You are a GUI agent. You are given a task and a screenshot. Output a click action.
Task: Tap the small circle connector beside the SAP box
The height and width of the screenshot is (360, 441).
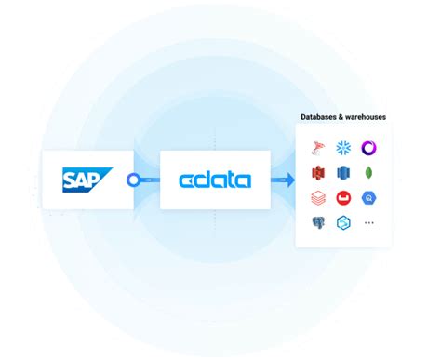pos(133,180)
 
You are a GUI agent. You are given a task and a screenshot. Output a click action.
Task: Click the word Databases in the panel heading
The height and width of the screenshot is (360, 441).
pos(321,117)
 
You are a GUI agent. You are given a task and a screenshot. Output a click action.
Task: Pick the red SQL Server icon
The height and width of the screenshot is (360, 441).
pos(318,147)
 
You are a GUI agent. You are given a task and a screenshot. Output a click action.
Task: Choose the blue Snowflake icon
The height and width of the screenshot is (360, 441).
pos(343,147)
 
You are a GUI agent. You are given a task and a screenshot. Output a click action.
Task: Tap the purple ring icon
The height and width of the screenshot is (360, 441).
pos(368,147)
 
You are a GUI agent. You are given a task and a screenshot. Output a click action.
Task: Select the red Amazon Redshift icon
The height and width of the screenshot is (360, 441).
pos(318,173)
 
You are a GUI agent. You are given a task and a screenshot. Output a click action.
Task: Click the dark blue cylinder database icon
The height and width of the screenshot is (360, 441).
pos(343,173)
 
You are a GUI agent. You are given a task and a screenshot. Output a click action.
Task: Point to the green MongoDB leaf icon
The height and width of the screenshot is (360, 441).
pos(368,173)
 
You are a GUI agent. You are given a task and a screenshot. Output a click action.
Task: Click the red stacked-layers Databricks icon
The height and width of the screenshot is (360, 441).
pos(318,198)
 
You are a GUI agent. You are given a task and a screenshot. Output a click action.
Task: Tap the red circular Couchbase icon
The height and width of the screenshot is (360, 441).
pos(343,198)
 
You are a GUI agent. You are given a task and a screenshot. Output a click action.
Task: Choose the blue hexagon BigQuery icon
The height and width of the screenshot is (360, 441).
pos(368,198)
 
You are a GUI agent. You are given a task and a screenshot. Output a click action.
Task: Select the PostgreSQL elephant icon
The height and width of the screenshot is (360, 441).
pos(318,223)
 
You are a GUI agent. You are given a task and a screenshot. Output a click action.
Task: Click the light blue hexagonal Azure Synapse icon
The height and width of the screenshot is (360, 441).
pos(343,223)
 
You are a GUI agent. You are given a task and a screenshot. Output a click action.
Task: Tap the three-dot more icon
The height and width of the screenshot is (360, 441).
pos(368,223)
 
